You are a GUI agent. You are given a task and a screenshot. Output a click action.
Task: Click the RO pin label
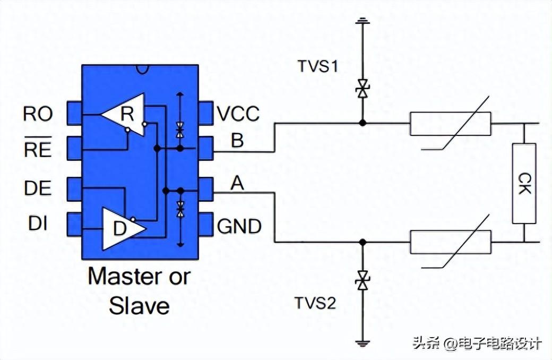pos(37,114)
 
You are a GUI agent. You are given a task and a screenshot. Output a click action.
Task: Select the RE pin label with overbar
pos(37,150)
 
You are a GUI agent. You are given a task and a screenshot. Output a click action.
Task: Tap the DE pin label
pos(37,188)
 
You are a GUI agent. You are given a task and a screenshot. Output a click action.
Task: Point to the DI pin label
pos(37,224)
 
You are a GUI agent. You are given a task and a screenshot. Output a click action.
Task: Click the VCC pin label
pos(238,114)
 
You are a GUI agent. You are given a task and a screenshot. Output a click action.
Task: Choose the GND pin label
pos(239,227)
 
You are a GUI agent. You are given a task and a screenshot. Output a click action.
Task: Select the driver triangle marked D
pos(122,228)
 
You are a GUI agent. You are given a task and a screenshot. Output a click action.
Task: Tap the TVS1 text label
pos(318,67)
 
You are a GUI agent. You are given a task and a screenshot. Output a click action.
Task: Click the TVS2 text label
pos(316,304)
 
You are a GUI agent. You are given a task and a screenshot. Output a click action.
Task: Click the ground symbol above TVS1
pos(363,22)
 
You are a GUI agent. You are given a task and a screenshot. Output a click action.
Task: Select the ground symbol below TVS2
pos(363,343)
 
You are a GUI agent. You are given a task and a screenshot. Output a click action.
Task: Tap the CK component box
pos(524,183)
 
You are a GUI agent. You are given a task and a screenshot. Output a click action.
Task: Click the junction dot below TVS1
pos(363,123)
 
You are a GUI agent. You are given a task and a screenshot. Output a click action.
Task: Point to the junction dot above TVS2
pos(363,242)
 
